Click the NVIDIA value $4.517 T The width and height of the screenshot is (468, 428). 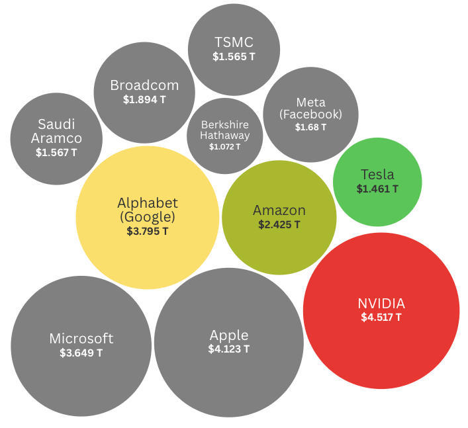tap(381, 318)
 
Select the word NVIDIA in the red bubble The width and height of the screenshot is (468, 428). tap(381, 304)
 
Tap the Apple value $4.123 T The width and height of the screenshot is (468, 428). tap(228, 349)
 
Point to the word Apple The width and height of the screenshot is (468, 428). tap(228, 335)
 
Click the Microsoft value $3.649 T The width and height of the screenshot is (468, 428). tap(81, 353)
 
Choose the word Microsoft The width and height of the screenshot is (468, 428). tap(81, 339)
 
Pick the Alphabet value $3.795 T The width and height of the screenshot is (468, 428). tap(147, 232)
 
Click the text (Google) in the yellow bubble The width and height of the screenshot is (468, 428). tap(147, 217)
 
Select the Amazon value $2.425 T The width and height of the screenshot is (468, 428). tap(279, 225)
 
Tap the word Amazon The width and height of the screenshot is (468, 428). tap(279, 210)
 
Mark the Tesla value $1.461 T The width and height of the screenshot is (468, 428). tap(377, 189)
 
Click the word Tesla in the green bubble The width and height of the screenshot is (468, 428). tap(377, 175)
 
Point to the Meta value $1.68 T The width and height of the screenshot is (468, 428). tap(310, 128)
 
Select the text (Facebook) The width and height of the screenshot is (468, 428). tap(310, 114)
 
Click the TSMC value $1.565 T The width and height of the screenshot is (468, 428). tap(234, 57)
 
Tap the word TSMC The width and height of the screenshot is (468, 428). tap(234, 42)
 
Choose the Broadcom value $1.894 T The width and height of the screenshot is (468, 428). tap(144, 100)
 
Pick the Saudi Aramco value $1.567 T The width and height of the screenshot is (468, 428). tap(56, 152)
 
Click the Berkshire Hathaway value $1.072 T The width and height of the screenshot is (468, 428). tap(225, 147)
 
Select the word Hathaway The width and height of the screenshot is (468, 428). tap(225, 136)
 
